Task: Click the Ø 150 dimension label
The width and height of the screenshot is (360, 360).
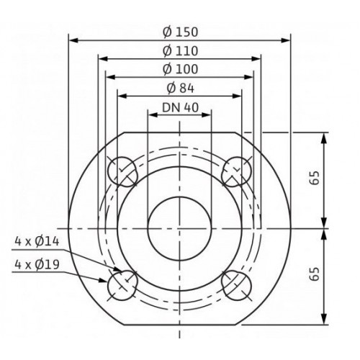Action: coord(180,32)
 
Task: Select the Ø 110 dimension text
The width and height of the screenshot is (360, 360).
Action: coord(180,51)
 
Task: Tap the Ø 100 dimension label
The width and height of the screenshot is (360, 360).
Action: coord(180,69)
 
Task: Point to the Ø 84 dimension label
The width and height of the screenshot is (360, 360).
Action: coord(180,89)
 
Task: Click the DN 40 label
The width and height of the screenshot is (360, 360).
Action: coord(180,107)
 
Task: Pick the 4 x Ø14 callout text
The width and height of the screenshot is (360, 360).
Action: coord(37,241)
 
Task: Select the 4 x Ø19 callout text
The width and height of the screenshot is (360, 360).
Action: coord(37,264)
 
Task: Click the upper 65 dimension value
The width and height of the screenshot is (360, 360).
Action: coord(315,178)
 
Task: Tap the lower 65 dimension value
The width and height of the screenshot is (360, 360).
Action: coord(315,274)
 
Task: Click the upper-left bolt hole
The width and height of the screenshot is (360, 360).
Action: coord(122,171)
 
